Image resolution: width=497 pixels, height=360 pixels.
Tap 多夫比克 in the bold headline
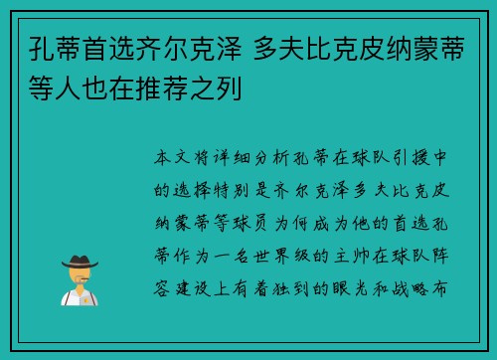pos(302,48)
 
